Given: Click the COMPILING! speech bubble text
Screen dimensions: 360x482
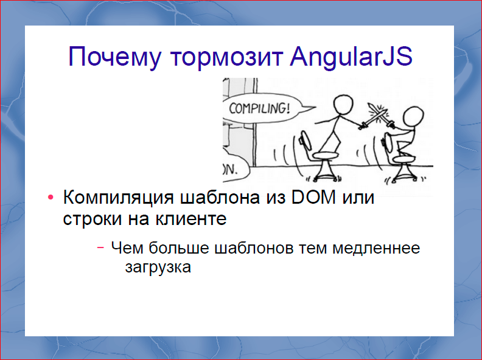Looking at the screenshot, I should (260, 110).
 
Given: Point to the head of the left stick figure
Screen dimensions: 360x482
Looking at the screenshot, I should (342, 105).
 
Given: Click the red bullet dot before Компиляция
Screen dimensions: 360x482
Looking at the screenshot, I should (51, 199).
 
